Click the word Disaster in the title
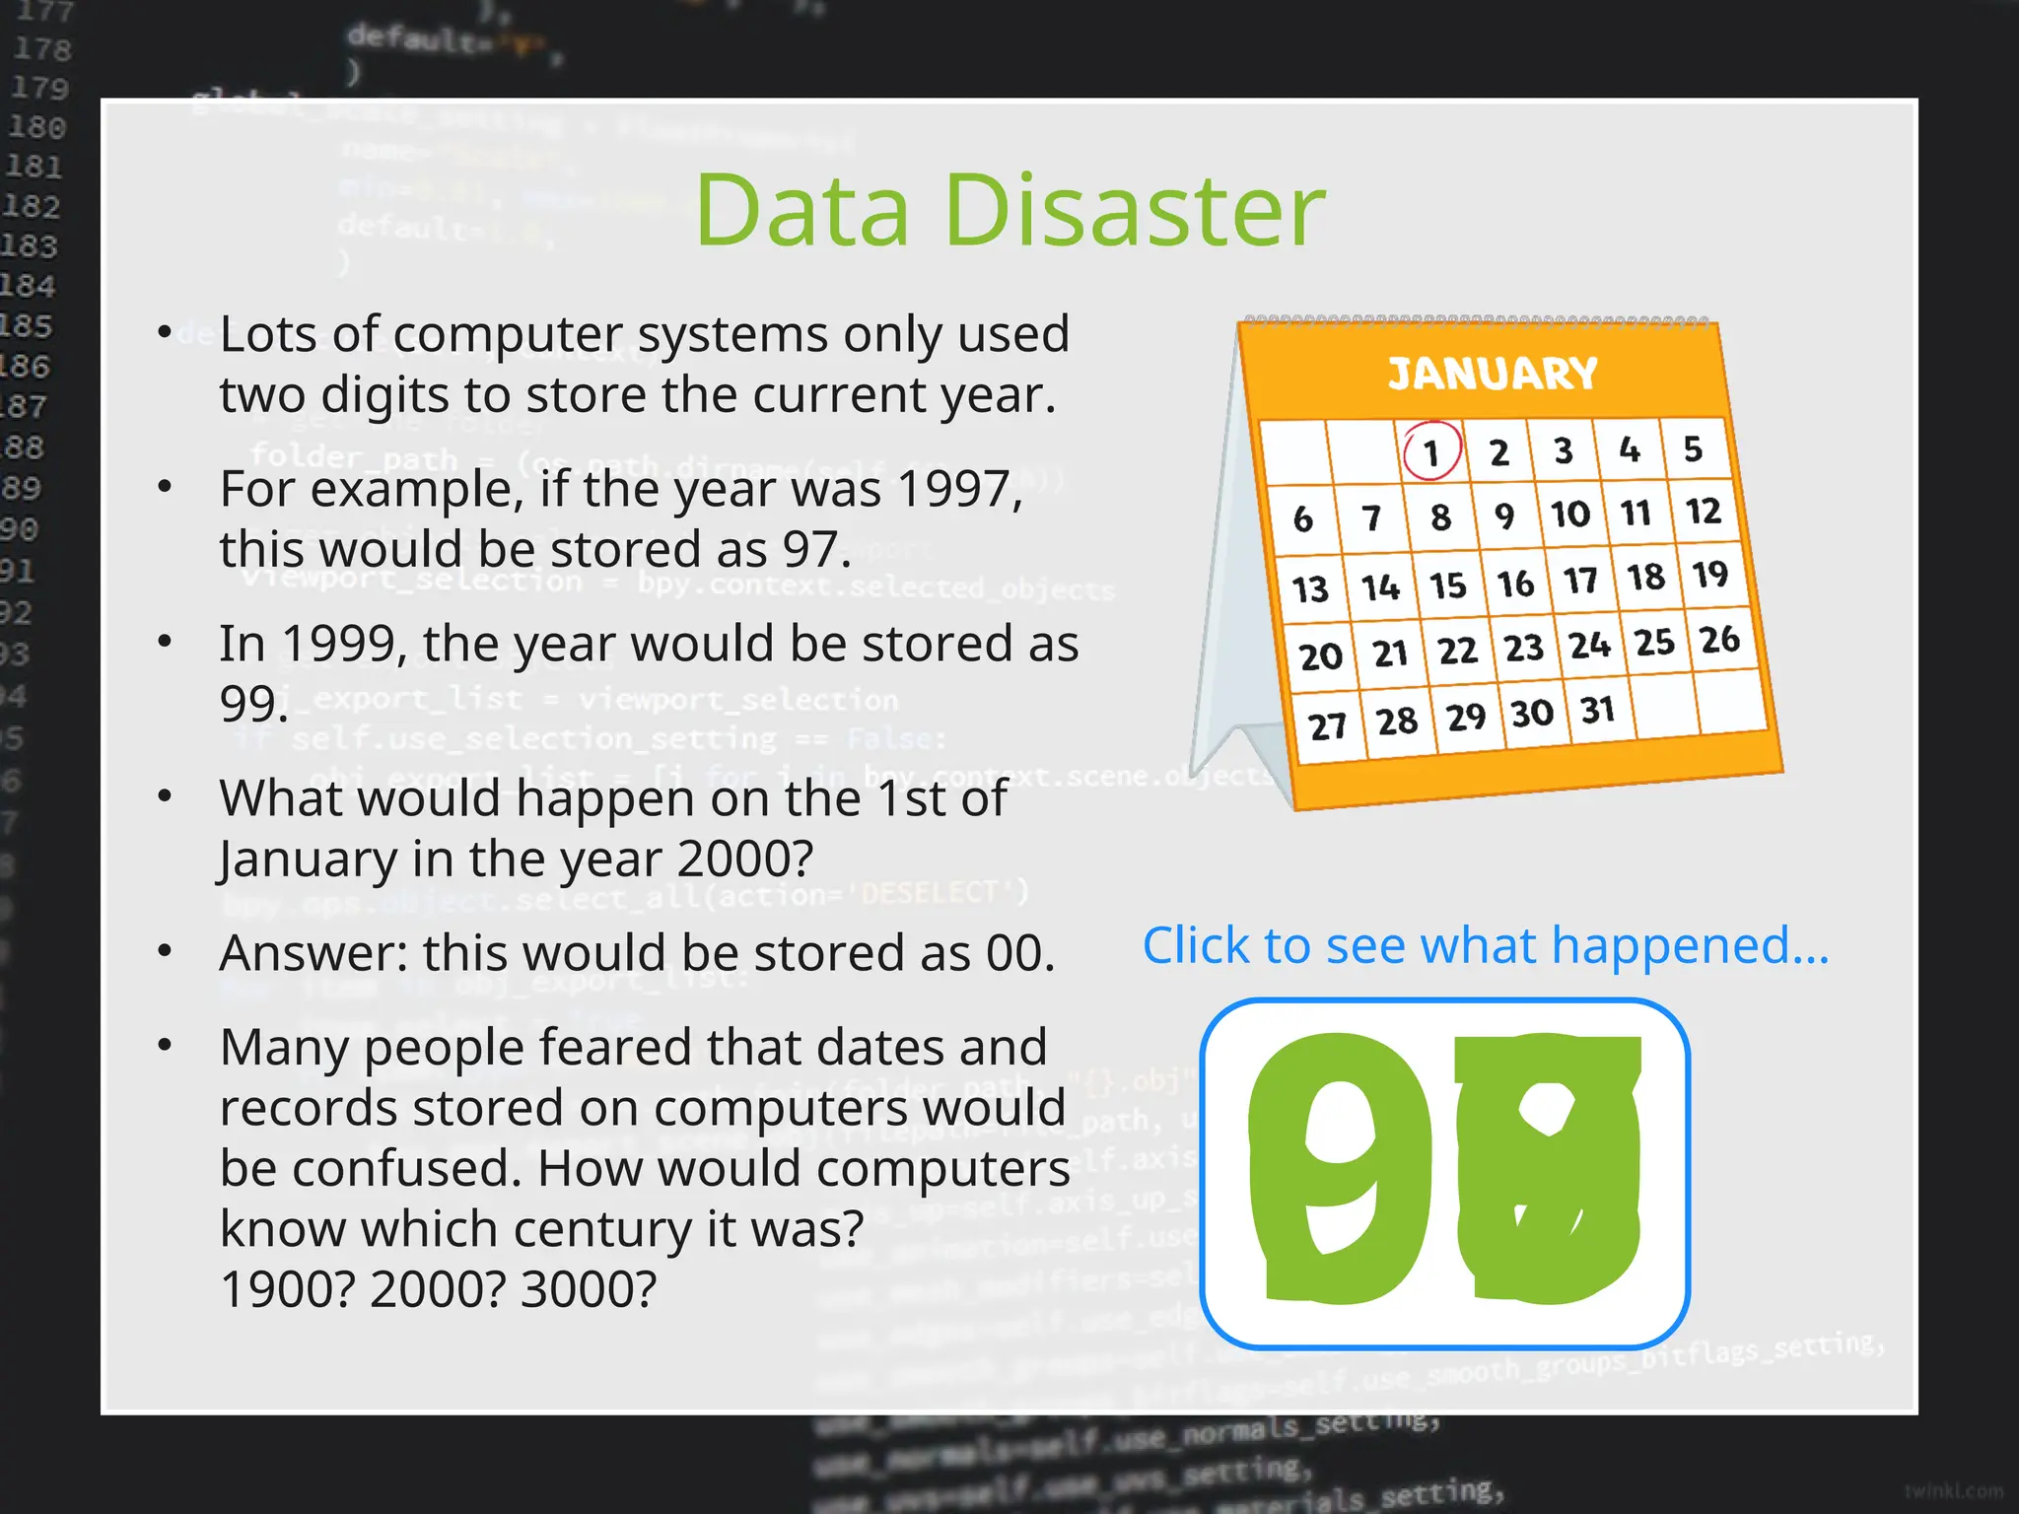(x=1135, y=210)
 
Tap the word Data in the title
(x=801, y=210)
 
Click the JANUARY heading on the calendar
(x=1492, y=374)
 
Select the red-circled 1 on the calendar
(x=1431, y=452)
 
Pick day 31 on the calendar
(x=1597, y=710)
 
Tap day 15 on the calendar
(x=1448, y=585)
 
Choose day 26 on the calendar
(x=1719, y=640)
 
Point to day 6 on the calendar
(x=1302, y=518)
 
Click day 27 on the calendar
(x=1327, y=726)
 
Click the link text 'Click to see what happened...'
(x=1485, y=945)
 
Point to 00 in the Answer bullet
(x=1018, y=953)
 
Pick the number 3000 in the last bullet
(x=587, y=1288)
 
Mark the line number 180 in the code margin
(x=36, y=127)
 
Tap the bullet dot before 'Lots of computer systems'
(x=166, y=333)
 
